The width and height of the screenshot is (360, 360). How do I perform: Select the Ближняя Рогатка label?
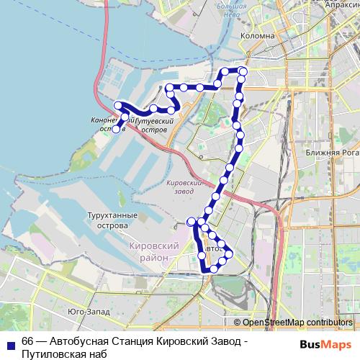330,152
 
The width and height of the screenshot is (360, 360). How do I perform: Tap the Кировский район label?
153,251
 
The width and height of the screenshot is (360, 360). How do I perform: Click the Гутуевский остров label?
156,126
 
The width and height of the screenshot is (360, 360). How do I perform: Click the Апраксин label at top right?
338,4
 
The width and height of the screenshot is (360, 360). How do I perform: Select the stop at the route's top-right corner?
243,71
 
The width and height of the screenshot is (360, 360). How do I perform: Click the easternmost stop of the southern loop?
229,253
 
